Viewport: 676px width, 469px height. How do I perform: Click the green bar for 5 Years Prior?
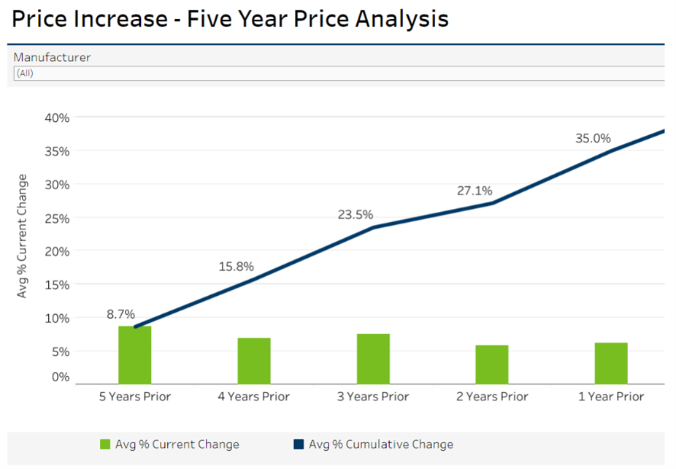pos(135,355)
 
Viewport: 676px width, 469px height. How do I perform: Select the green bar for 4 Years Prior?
pos(254,361)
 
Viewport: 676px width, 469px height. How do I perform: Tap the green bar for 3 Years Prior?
pos(373,359)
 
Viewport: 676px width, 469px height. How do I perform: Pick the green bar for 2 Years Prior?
pos(492,365)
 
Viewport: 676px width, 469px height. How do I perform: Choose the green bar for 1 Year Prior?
pos(611,363)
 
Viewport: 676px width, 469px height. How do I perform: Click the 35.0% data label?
pos(593,138)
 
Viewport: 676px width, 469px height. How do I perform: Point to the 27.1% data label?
pos(475,191)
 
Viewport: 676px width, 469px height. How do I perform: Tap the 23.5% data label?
pos(356,215)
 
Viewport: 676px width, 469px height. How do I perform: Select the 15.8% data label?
pos(236,267)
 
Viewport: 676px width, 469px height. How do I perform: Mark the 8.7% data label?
pos(120,314)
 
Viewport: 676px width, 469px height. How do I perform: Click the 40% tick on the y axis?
pos(56,118)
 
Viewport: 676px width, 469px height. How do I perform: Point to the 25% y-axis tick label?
pos(56,218)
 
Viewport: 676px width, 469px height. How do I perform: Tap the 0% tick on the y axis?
pos(60,377)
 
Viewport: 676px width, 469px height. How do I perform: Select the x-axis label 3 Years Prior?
pos(373,397)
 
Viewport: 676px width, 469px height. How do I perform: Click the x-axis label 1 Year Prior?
pos(611,397)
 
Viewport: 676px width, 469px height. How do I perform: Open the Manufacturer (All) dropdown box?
pos(339,73)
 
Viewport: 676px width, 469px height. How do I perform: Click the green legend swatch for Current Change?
pos(105,444)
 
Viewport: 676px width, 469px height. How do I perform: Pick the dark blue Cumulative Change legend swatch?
pos(299,444)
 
